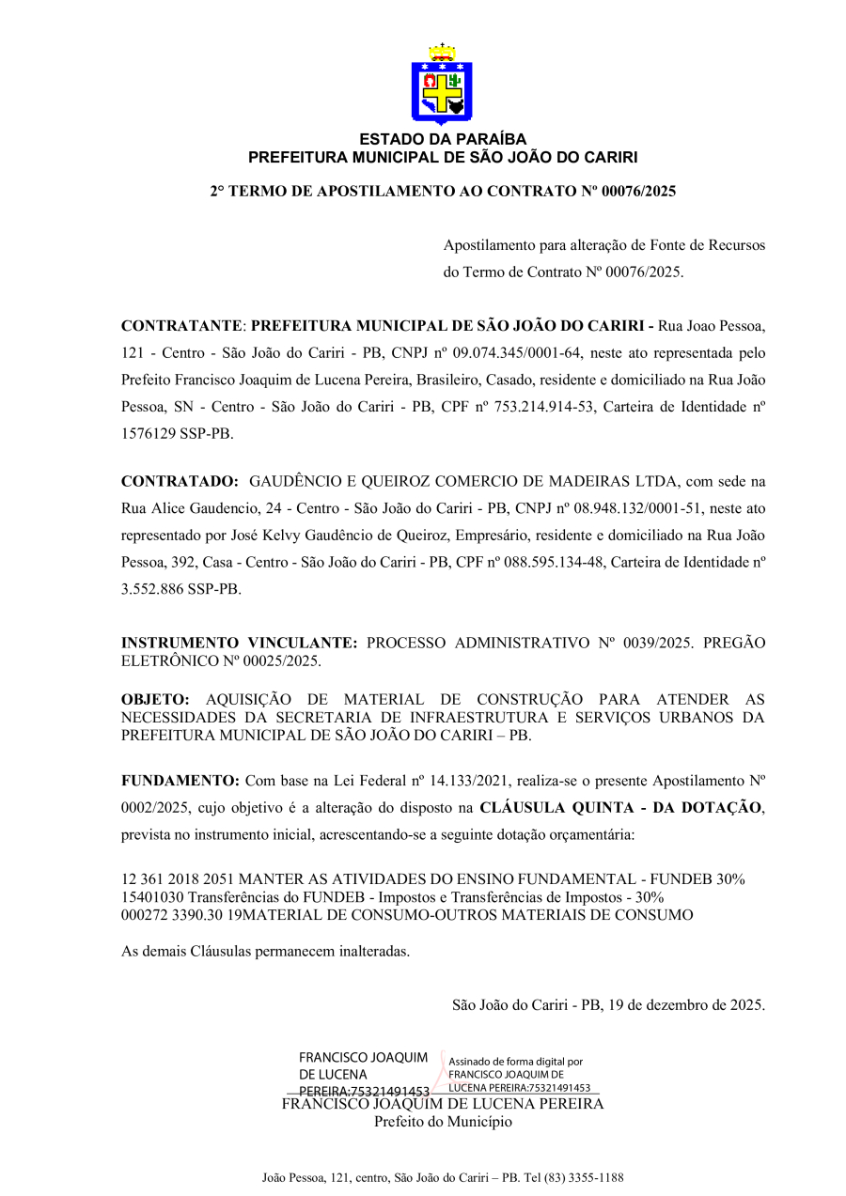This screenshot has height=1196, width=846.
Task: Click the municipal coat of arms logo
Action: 442,85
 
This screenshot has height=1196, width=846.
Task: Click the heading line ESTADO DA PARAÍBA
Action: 442,140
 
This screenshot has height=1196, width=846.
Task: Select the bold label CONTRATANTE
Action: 182,327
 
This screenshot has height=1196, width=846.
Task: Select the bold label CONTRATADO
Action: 180,482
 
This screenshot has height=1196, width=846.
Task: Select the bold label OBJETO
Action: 155,700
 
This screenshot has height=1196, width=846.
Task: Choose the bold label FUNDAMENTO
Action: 180,781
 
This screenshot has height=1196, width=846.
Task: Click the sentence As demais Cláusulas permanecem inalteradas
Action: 266,951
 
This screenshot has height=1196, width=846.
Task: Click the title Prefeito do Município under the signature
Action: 443,1122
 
